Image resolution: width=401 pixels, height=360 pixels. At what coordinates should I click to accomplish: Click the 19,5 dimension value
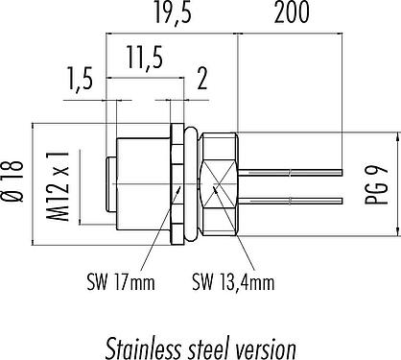pos(174,12)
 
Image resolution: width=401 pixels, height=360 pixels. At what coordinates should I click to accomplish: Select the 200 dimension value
pos(292,12)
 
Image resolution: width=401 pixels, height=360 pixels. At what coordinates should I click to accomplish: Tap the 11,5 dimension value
pos(145,58)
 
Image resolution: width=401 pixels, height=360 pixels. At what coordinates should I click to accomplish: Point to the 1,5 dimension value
pos(80,79)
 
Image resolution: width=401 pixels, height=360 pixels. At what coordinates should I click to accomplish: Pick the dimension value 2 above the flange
pos(202,79)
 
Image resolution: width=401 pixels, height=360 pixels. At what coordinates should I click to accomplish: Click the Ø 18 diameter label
pos(14,181)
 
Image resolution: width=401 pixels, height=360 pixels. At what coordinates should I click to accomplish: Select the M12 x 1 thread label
pos(58,186)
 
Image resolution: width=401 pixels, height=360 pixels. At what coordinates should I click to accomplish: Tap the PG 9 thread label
pos(376,185)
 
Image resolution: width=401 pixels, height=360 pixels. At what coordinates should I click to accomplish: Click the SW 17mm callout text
pos(121,282)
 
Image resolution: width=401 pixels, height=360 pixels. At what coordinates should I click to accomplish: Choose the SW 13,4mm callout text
pos(233,282)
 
